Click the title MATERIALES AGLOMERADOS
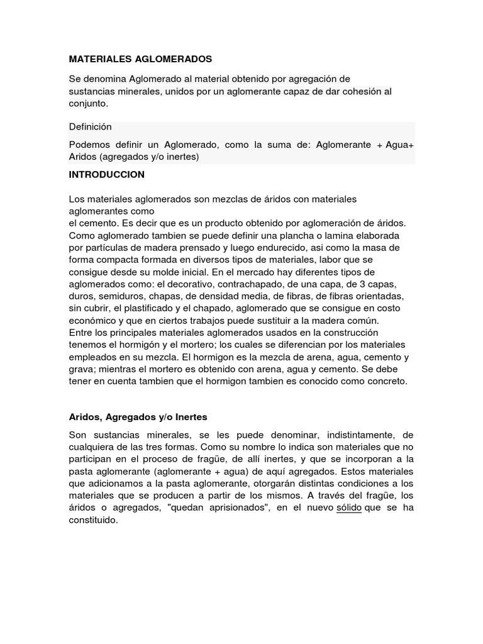140,59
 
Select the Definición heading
90,127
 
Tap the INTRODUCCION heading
106,174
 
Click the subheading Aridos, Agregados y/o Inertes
138,417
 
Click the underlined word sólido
349,508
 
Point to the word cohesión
355,92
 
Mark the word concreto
386,382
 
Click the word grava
82,369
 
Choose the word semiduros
119,297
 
